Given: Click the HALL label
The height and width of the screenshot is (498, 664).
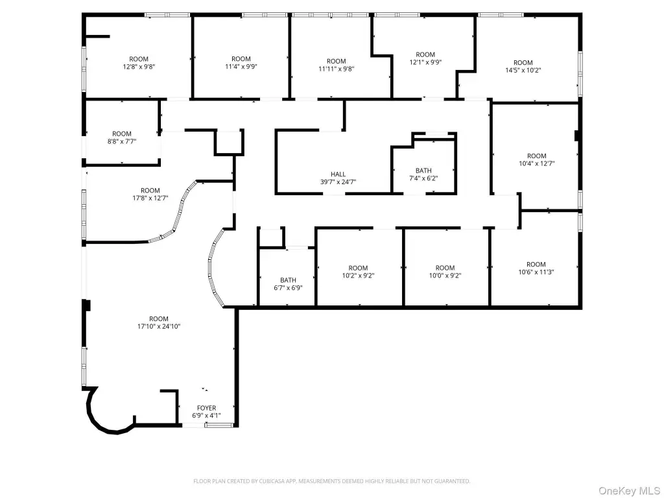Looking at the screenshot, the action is (x=338, y=174).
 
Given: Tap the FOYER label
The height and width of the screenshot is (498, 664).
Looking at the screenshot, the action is (x=207, y=409).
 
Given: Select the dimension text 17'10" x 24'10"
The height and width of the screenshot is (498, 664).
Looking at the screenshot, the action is (x=159, y=327).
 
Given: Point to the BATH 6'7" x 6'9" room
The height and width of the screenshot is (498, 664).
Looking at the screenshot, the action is (x=287, y=277).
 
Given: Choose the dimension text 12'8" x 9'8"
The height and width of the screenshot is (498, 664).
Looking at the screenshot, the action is (x=139, y=67).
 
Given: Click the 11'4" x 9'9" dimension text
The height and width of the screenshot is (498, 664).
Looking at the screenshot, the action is (x=241, y=67).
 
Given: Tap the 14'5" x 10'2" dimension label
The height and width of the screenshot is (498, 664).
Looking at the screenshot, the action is (x=523, y=70).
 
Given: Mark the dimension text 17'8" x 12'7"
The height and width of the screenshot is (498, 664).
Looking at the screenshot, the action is (x=150, y=198).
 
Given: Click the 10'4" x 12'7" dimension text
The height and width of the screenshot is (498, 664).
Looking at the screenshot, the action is (x=536, y=163).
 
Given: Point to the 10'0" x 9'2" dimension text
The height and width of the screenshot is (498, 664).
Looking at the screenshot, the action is (x=445, y=276).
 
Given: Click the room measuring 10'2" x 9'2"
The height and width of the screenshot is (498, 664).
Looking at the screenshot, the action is (x=359, y=267).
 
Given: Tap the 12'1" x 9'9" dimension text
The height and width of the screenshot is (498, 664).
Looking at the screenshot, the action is (x=425, y=62).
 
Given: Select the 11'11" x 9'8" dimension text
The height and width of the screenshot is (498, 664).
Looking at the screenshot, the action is (x=337, y=69).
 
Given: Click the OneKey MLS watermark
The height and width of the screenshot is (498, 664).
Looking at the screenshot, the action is (x=629, y=491).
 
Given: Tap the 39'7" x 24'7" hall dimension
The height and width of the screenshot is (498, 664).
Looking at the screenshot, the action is (x=338, y=182).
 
